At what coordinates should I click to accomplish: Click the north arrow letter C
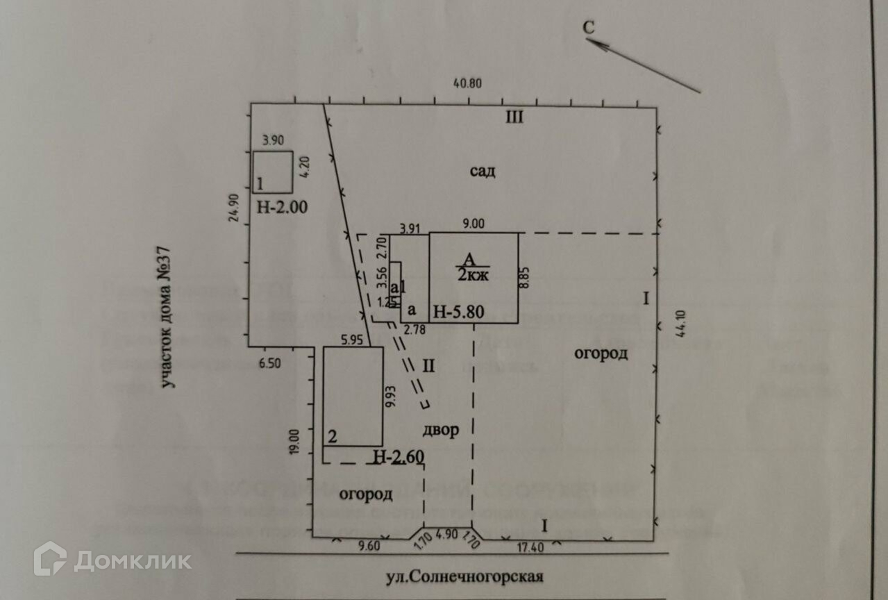click(589, 28)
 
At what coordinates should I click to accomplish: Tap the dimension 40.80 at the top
click(467, 83)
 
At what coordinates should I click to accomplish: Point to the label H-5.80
click(458, 312)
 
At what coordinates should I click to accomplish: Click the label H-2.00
click(282, 206)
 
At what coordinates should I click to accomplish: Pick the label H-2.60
click(399, 457)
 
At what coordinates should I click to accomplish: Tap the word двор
click(440, 430)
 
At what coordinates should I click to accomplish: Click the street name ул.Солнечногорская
click(465, 576)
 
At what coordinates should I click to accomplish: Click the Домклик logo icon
click(50, 558)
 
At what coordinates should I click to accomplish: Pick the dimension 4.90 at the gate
click(448, 537)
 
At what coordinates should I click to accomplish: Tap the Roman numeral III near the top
click(514, 117)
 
